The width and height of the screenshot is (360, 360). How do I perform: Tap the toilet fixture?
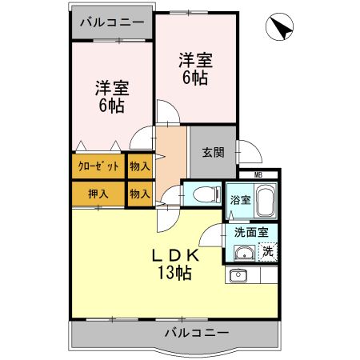coord(205,194)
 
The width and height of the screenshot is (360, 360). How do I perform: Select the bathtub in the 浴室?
coord(265,200)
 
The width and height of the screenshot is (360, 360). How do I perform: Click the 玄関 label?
coord(212,151)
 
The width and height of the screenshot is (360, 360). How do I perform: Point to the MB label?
coord(258,174)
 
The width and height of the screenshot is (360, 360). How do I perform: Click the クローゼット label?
coord(98,167)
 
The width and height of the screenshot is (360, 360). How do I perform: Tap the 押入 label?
coord(98,194)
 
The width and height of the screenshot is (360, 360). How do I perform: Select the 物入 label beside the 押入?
coord(139,194)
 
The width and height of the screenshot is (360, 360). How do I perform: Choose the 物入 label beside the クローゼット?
coord(139,167)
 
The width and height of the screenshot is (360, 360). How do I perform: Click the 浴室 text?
coord(240,199)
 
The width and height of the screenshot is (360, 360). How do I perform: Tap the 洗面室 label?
coord(250,233)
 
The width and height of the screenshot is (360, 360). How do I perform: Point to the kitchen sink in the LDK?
coord(238,277)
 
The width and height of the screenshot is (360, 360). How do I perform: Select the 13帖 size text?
coord(173,274)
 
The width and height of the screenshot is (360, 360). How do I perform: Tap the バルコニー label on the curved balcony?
coord(197,332)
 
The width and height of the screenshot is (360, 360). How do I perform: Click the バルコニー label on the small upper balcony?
coord(112,22)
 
